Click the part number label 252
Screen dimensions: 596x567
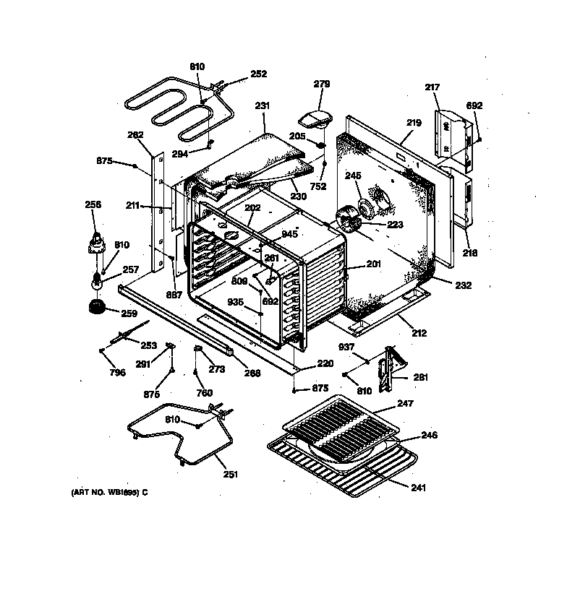[x=258, y=74]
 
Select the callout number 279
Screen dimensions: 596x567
[x=322, y=84]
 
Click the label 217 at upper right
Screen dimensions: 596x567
[x=432, y=87]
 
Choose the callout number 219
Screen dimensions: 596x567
[x=413, y=123]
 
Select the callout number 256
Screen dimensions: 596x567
[x=93, y=204]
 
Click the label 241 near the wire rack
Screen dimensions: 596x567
[x=418, y=488]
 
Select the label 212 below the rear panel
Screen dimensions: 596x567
[x=419, y=333]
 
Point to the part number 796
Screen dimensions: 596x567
[x=117, y=373]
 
